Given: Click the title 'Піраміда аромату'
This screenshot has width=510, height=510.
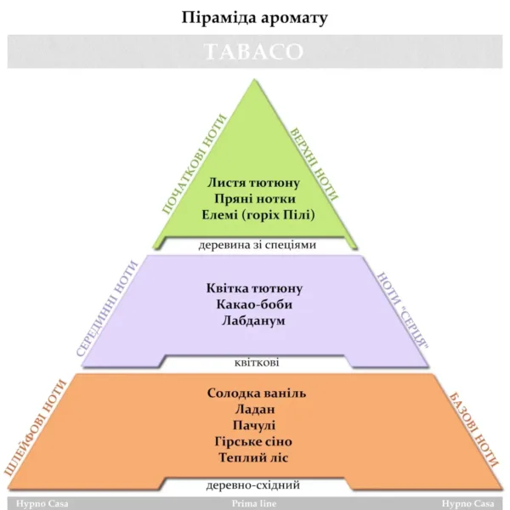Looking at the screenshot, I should point(254,16).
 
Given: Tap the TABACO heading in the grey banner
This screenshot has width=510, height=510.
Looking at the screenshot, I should point(254,52).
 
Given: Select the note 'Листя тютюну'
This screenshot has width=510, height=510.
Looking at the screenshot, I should point(254,183).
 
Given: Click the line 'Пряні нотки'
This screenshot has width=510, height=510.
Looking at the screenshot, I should point(254,198).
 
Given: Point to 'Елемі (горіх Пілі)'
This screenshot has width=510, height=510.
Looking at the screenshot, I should point(254,214).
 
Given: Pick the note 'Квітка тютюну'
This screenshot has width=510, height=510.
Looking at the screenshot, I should point(254,289).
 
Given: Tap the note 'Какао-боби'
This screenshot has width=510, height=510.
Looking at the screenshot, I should point(254,305).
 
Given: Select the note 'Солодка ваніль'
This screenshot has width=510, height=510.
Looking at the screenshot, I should point(256,394).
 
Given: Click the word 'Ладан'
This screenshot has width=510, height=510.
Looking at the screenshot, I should point(254,410).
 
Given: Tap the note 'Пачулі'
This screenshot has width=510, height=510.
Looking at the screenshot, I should point(254,426).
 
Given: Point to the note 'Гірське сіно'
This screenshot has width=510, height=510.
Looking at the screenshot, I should point(254,442).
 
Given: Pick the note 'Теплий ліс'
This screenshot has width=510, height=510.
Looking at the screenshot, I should point(254,458).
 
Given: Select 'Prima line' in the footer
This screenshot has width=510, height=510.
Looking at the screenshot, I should point(254,503).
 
